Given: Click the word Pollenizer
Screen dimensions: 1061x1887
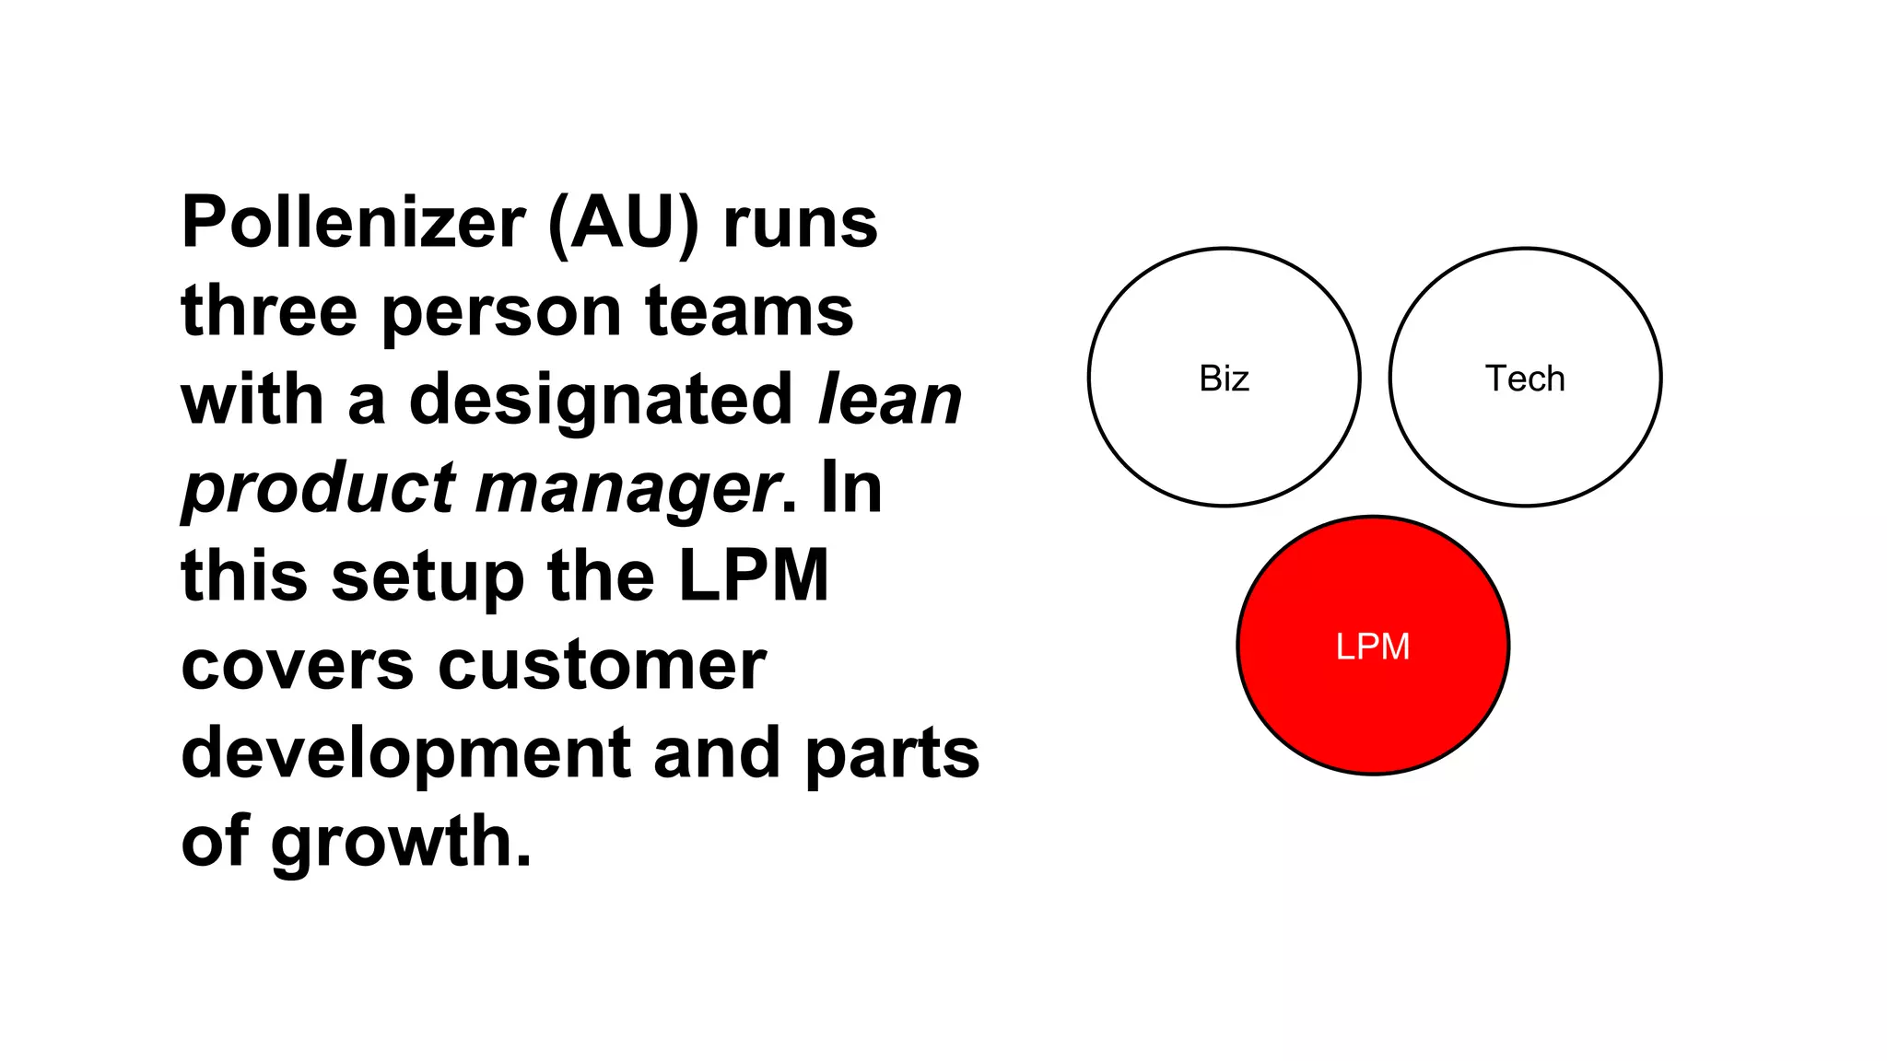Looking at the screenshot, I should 353,223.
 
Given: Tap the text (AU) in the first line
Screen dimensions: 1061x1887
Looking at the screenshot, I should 623,223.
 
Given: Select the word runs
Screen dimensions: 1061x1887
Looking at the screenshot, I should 800,223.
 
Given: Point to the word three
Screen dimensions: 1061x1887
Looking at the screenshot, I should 269,311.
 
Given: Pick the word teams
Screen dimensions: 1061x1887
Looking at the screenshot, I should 749,311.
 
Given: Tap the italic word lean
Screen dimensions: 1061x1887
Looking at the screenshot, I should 890,400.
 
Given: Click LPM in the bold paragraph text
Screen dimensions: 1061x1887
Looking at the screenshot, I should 754,577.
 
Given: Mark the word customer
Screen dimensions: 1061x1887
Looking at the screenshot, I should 602,665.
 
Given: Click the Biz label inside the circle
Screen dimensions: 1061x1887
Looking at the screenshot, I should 1224,379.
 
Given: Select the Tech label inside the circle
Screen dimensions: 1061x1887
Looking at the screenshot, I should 1525,379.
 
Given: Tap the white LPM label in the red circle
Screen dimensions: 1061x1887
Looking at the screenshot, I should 1373,647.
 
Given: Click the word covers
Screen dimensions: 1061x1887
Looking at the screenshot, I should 298,665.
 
